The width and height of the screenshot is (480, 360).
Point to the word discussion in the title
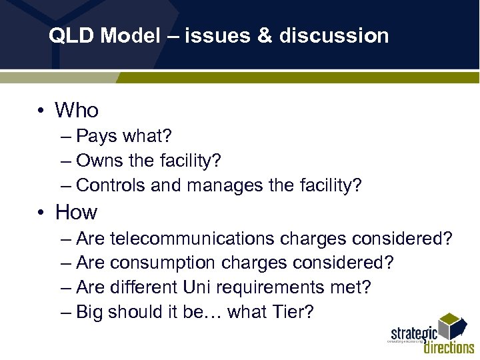click(334, 36)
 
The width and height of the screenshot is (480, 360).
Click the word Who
click(77, 110)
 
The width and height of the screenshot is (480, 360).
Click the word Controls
click(111, 185)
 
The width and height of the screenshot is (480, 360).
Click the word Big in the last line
click(90, 312)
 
